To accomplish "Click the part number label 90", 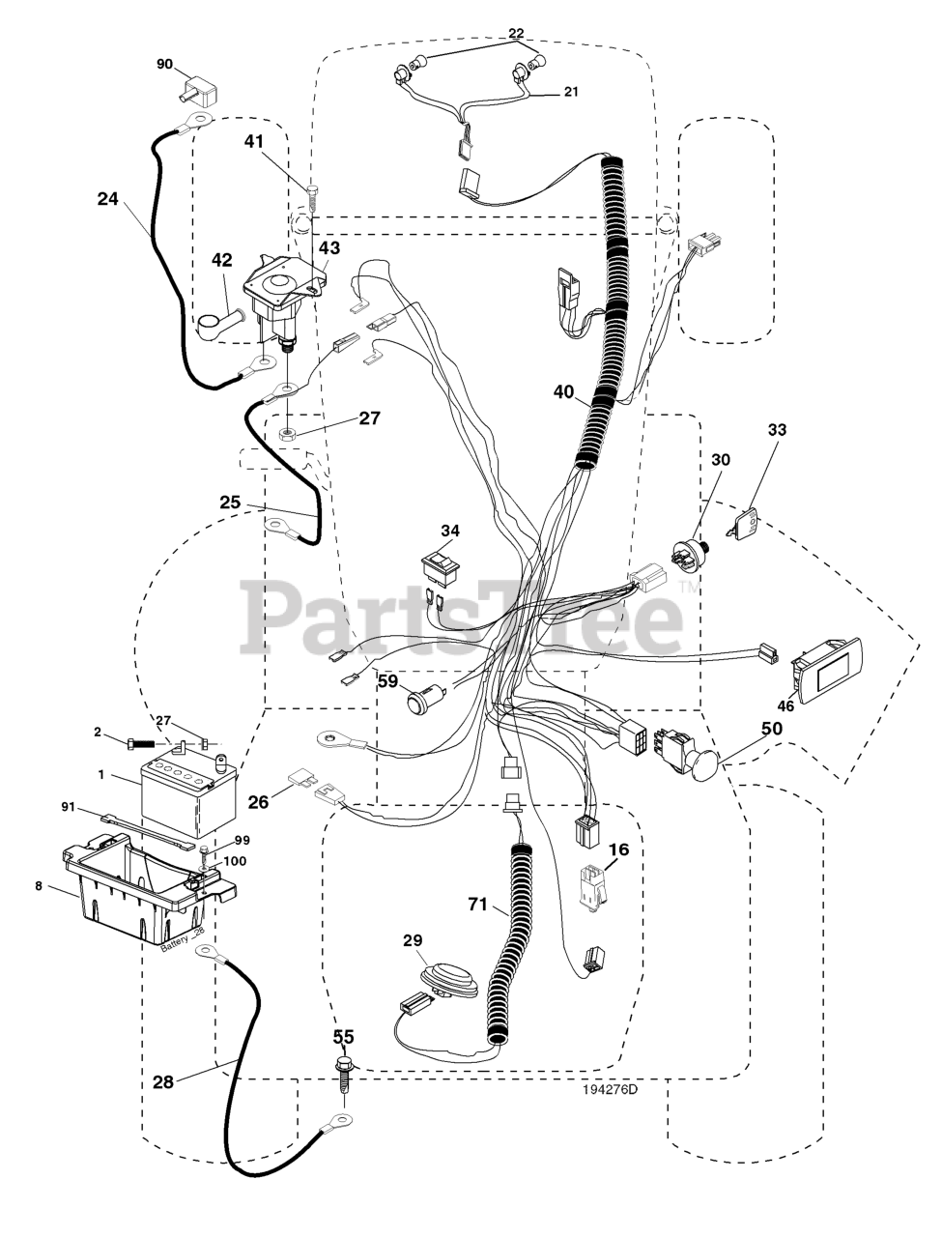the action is tap(164, 64).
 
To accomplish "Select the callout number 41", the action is tap(254, 141).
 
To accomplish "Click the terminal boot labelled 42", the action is tap(218, 325).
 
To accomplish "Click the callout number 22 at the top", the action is tap(516, 33).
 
